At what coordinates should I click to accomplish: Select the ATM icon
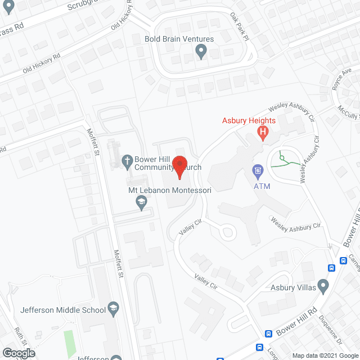[258, 169]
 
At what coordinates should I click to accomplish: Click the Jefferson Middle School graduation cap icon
[112, 309]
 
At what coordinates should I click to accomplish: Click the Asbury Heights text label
[248, 121]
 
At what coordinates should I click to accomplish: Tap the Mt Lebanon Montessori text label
[169, 191]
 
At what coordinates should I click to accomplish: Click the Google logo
[17, 353]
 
